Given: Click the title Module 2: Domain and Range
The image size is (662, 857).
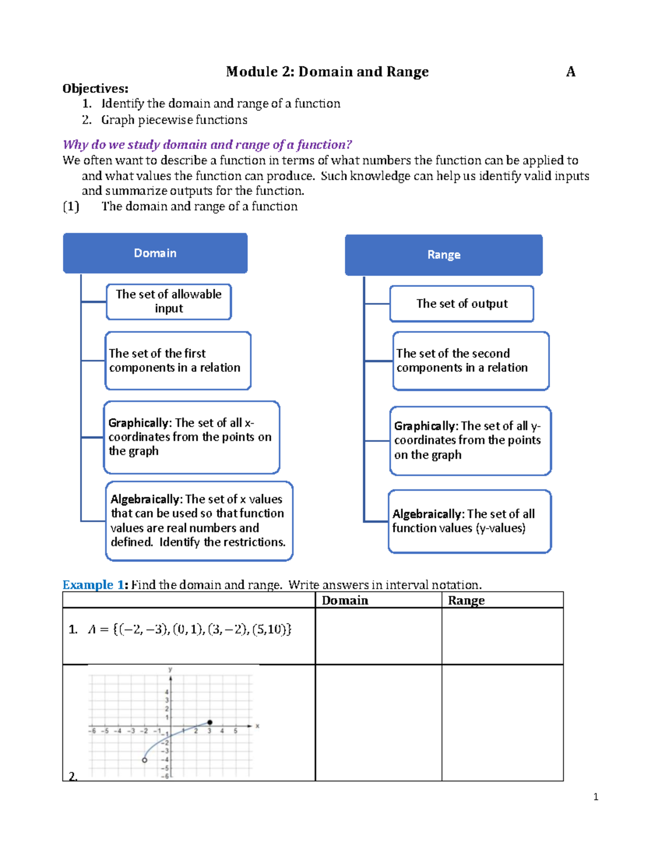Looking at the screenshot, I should tap(327, 72).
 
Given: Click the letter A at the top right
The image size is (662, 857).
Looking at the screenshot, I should tap(570, 72).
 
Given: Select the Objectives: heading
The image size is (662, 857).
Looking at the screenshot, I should tap(95, 88).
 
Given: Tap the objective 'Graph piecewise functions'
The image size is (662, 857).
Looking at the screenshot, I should tap(174, 120).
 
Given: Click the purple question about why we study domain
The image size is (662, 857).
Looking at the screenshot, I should tap(207, 145).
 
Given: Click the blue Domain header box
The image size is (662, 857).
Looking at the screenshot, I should tap(155, 253).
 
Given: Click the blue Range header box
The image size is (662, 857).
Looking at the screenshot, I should tap(444, 255).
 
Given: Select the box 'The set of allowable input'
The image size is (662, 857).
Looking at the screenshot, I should tap(169, 301).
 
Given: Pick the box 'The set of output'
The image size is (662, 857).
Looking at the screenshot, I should tap(462, 304).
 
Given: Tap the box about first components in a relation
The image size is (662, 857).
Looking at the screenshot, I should tap(178, 360).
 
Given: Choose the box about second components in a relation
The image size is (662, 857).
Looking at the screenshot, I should tap(470, 361).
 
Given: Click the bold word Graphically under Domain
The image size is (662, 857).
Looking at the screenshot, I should tap(139, 423).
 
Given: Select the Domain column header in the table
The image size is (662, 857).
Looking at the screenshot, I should tap(345, 600).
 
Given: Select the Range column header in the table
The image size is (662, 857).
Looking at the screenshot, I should tap(466, 600).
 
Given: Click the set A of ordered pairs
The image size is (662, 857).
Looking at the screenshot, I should tap(189, 629).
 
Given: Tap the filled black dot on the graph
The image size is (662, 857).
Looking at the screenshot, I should tap(210, 722).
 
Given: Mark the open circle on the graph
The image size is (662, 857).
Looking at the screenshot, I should tap(145, 760).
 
